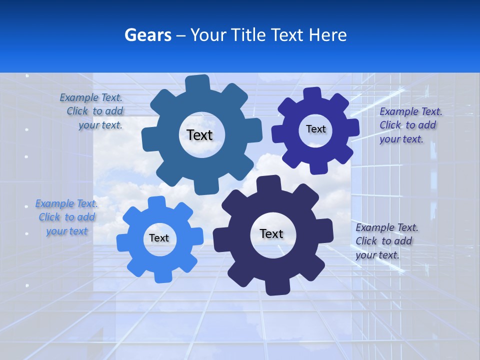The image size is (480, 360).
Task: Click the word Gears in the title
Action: pos(147,35)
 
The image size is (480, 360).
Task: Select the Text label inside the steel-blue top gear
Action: pos(199,135)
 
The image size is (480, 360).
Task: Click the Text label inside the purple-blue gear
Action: pos(315,129)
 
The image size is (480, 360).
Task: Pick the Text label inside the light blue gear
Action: pos(158,238)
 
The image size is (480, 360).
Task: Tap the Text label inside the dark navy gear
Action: pos(271,233)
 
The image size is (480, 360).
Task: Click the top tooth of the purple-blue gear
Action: pos(312,94)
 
